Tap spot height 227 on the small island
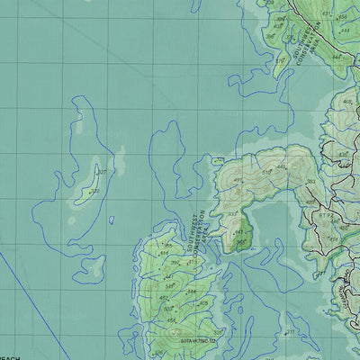[x=102, y=172]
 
